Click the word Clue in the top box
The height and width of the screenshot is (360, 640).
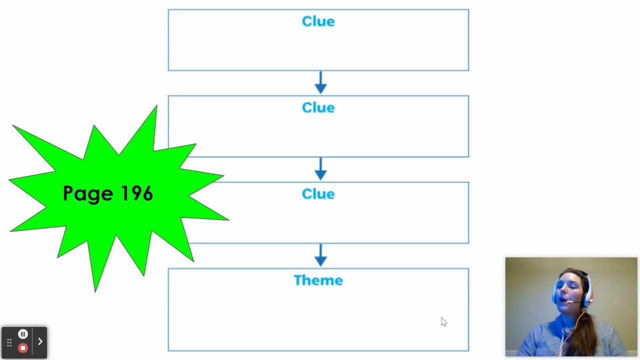coord(318,21)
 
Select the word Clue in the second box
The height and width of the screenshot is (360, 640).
coord(318,107)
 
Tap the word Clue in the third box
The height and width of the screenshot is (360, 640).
coord(318,194)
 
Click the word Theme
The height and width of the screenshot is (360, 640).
coord(318,280)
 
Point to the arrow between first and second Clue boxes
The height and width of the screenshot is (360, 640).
coord(320,82)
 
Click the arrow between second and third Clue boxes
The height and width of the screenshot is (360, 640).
coord(320,169)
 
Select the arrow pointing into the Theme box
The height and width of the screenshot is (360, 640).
coord(320,255)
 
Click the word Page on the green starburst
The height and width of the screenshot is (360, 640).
coord(88,194)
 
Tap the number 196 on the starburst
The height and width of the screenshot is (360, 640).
coord(136,193)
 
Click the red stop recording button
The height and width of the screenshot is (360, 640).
coord(23,348)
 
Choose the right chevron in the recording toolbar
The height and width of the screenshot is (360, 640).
coord(40,341)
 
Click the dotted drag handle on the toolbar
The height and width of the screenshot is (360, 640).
coord(9,342)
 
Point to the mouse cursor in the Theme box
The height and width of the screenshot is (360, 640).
coord(443,321)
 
